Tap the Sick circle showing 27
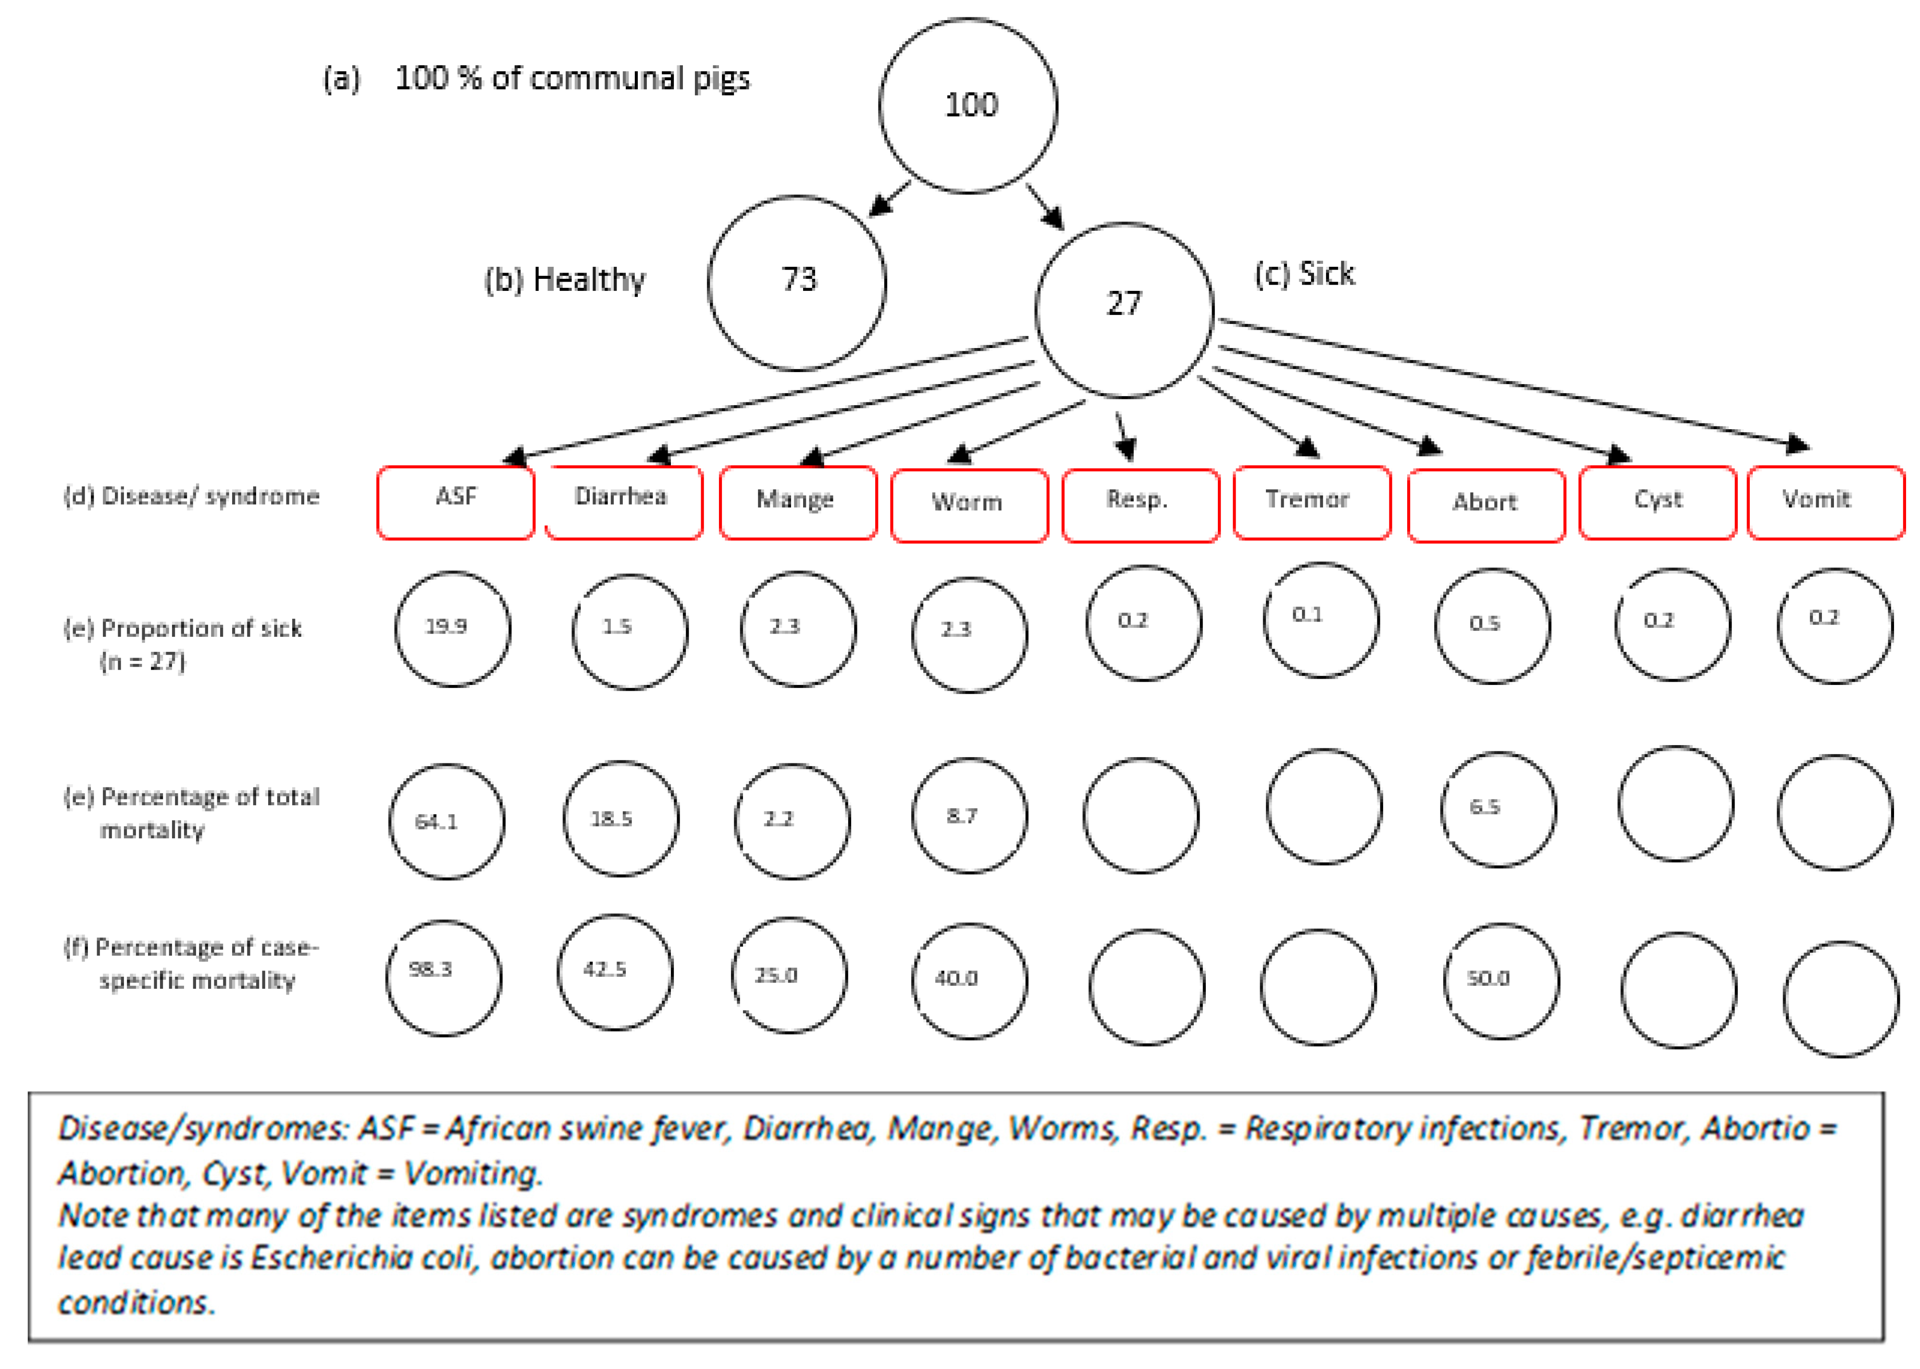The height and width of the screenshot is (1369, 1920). tap(1124, 310)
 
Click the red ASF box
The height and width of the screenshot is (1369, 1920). tap(455, 501)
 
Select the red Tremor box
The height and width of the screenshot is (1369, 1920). tap(1312, 502)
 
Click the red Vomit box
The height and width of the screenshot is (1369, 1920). tap(1826, 502)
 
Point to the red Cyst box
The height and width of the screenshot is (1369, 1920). tap(1657, 502)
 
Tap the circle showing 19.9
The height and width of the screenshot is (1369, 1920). tap(453, 629)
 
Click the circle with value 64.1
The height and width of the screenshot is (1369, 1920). tap(446, 821)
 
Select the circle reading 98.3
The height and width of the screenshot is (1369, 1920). tap(444, 977)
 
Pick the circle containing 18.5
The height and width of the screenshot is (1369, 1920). tap(621, 819)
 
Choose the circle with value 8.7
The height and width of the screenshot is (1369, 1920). tap(969, 815)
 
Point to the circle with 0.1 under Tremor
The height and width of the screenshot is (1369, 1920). tap(1321, 620)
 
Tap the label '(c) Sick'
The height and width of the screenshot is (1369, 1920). tap(1304, 274)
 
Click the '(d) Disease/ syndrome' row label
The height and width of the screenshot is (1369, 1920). tap(191, 497)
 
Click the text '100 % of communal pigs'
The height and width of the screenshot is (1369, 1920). tap(572, 78)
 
